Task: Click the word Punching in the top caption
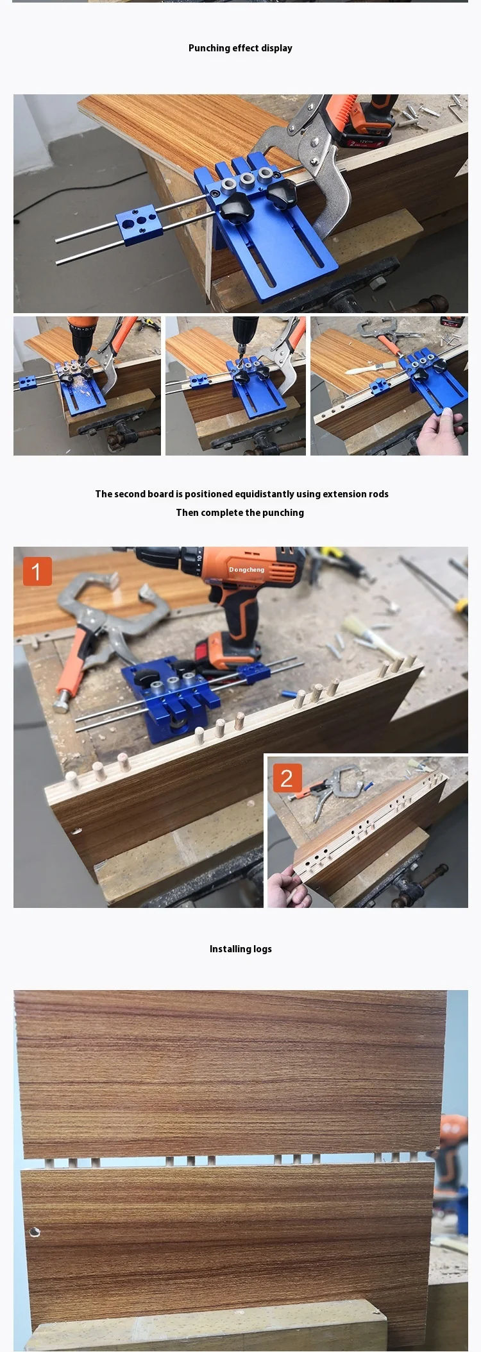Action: (209, 48)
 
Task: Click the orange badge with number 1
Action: (37, 571)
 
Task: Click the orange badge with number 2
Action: (287, 778)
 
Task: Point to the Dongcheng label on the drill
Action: (246, 570)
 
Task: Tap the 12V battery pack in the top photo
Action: (362, 132)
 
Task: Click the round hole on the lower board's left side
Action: (34, 1233)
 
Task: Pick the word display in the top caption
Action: (276, 48)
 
